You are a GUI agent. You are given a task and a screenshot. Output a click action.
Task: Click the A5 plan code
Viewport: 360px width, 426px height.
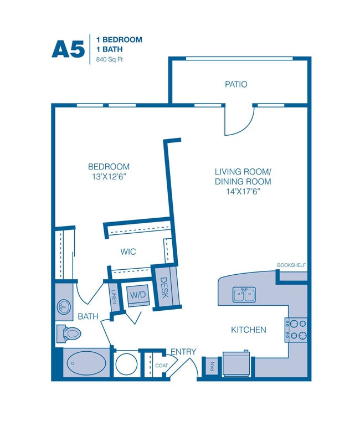click(68, 49)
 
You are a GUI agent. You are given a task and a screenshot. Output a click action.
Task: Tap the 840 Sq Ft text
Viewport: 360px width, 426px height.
click(110, 59)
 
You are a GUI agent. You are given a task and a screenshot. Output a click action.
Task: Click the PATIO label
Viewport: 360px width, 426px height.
click(236, 84)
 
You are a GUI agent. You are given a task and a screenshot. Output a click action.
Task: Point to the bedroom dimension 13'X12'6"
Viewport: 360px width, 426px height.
click(110, 177)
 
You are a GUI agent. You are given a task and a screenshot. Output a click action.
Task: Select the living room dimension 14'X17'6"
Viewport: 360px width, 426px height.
click(243, 192)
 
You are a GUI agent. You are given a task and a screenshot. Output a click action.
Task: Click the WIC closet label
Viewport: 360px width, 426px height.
click(128, 252)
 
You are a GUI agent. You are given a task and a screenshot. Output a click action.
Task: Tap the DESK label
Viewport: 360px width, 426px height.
click(164, 288)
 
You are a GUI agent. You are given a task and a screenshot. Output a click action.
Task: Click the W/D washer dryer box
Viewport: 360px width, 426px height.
click(138, 295)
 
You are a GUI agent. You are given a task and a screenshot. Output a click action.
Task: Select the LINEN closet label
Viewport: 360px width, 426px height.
click(114, 296)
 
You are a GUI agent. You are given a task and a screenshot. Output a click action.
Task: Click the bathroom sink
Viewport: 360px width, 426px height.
click(64, 307)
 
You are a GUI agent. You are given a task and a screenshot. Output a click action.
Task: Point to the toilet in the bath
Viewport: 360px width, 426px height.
click(69, 333)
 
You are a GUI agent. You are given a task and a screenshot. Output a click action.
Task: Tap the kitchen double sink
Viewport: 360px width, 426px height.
click(244, 295)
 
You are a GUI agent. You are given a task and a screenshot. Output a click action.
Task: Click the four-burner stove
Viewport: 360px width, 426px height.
click(296, 330)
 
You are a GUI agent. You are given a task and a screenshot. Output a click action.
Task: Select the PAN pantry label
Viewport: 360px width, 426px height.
click(212, 366)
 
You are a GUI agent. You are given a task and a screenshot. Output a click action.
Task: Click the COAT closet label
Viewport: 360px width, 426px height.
click(161, 366)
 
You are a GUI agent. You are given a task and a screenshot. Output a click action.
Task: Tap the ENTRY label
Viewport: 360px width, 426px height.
click(183, 352)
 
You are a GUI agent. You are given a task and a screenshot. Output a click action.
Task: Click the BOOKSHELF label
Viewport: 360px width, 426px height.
click(291, 265)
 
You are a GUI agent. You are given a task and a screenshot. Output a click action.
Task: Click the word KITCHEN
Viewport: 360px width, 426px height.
click(249, 330)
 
